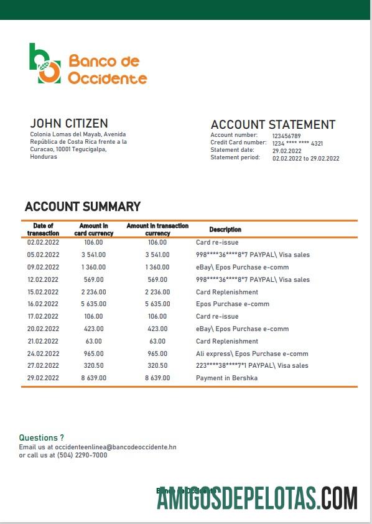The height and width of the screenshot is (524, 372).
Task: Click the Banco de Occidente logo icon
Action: pos(45,63)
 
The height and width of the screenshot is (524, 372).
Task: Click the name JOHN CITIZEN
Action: pos(69,123)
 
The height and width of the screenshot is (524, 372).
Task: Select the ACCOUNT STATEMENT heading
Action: pos(272,124)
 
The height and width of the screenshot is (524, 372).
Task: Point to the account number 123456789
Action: pos(286,136)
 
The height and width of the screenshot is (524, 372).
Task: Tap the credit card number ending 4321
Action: pos(297,143)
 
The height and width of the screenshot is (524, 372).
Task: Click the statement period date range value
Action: pos(305,158)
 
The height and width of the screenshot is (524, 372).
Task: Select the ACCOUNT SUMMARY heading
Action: pos(83,207)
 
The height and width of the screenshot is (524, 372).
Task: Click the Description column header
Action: pos(225,230)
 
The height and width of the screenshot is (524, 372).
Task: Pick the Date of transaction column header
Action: pos(43,230)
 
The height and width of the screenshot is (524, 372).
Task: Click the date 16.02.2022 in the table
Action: pos(43,304)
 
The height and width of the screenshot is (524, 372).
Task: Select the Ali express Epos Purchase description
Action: pos(252,353)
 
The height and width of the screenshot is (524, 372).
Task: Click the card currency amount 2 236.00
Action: pos(93,292)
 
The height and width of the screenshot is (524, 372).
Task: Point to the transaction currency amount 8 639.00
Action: pos(157,378)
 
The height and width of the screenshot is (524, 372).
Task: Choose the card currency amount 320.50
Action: pos(93,366)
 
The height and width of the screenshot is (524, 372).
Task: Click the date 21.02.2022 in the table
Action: pos(43,341)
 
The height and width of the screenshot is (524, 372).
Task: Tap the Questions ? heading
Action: pos(41,438)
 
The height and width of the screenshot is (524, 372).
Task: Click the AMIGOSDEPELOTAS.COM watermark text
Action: pos(257,498)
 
